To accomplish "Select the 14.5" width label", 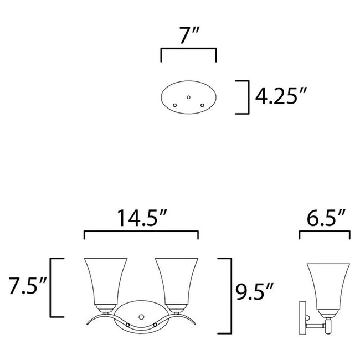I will click(141, 218).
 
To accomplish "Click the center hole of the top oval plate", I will click(188, 97).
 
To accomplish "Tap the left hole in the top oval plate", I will click(175, 105).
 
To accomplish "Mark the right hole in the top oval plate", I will click(202, 105).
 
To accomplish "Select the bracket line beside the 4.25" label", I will click(244, 97).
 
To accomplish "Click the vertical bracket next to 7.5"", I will click(52, 286).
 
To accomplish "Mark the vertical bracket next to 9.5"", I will click(228, 295).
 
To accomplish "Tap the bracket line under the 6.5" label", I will click(324, 233).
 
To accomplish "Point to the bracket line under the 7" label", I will click(188, 49).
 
